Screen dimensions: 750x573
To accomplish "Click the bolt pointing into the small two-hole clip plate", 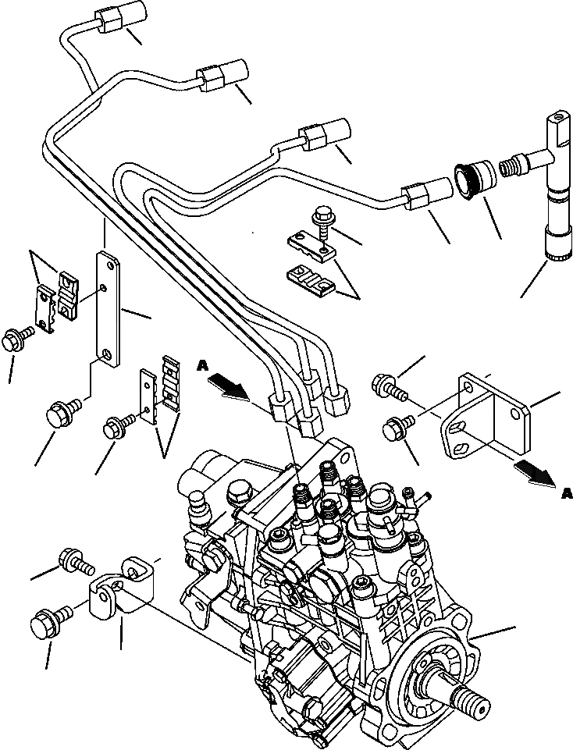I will point(118,426).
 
